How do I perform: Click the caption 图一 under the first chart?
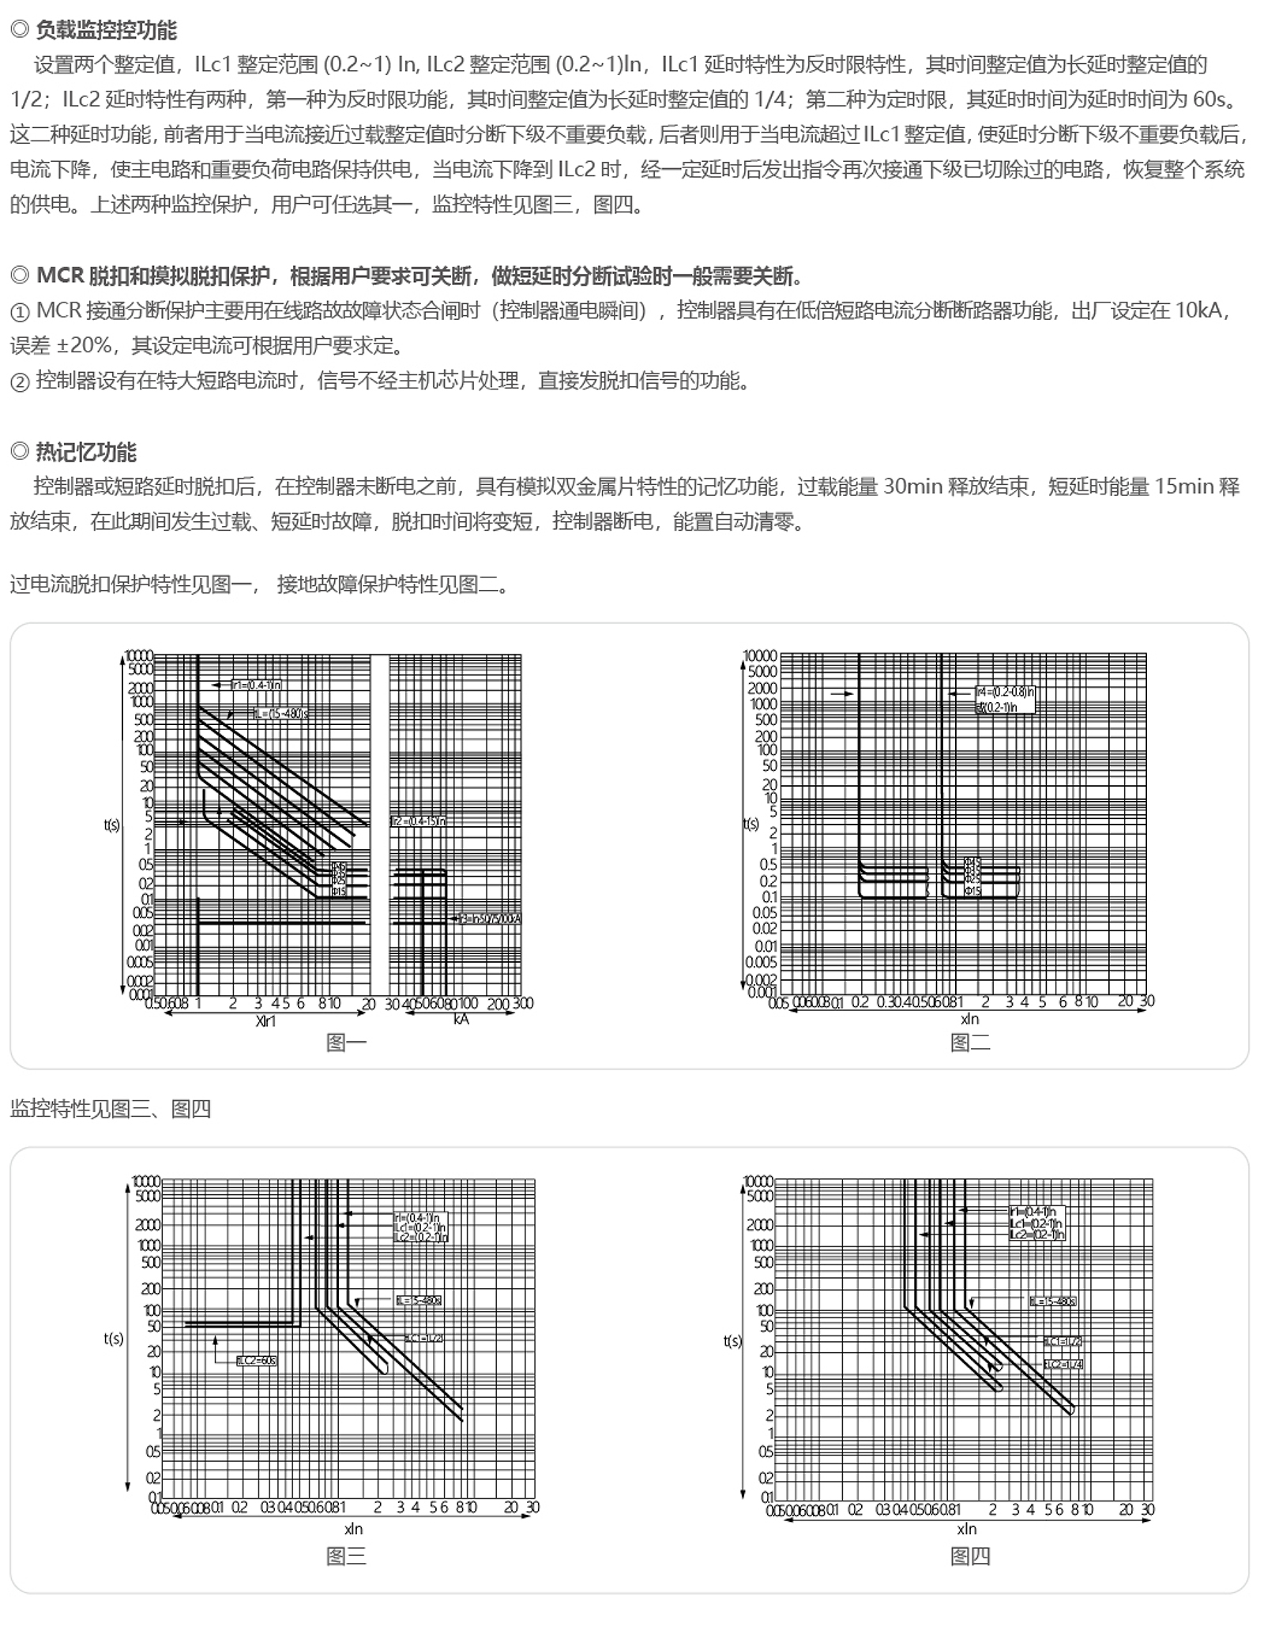[346, 1043]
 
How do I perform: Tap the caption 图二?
[969, 1043]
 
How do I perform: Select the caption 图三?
[346, 1556]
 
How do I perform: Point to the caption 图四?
[969, 1556]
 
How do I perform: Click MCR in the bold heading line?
[60, 276]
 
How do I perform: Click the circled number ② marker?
[20, 382]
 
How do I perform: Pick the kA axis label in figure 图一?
[461, 1019]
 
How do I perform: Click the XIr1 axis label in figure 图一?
[266, 1020]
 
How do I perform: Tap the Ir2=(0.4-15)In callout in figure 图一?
[419, 821]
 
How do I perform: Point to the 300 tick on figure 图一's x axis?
[523, 1003]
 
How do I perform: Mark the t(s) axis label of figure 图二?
[750, 824]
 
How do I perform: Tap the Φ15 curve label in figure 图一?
[338, 892]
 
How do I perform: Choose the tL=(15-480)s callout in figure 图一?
[281, 714]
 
